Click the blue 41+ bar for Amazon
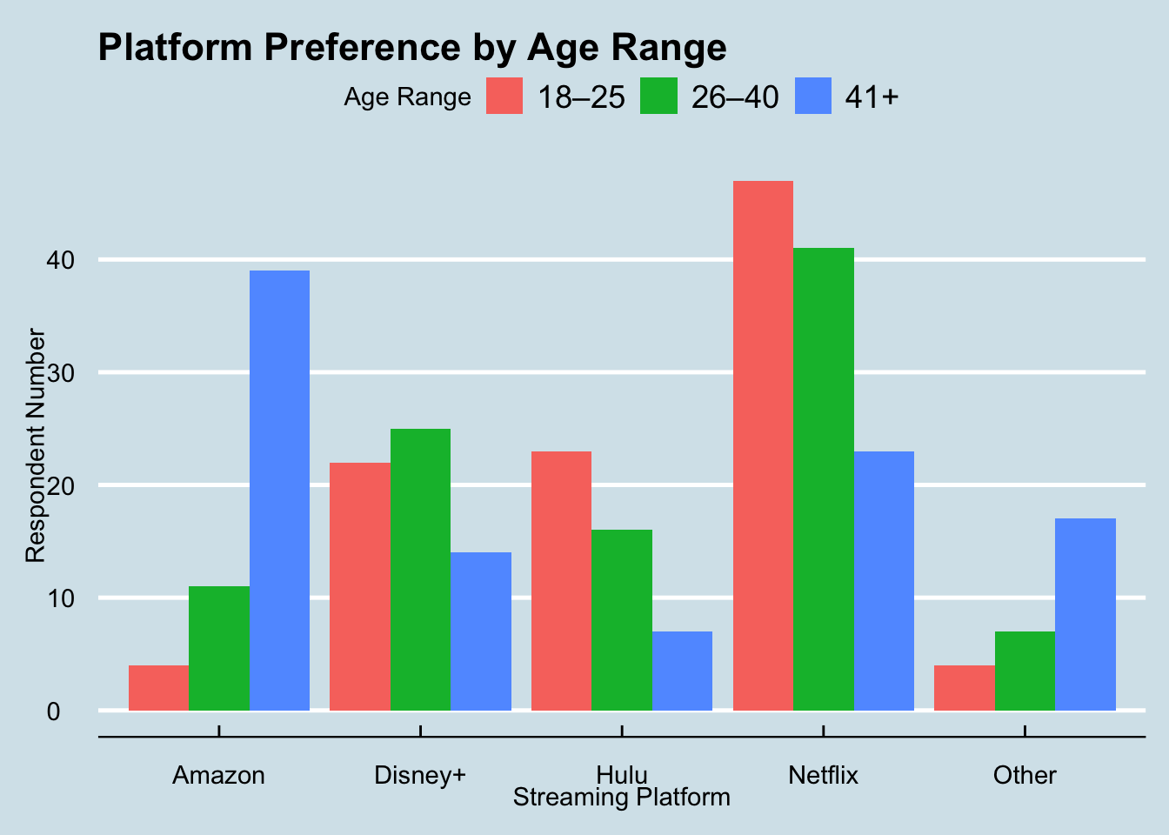pyautogui.click(x=279, y=491)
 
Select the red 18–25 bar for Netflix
pyautogui.click(x=763, y=445)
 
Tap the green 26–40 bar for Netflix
pyautogui.click(x=823, y=479)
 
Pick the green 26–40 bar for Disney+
pyautogui.click(x=420, y=570)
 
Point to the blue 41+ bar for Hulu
pyautogui.click(x=682, y=671)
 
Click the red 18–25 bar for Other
pyautogui.click(x=964, y=688)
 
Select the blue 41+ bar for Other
pyautogui.click(x=1085, y=614)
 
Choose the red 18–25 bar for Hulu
pyautogui.click(x=561, y=581)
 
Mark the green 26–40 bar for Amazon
pyautogui.click(x=219, y=648)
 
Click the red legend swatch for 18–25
pyautogui.click(x=504, y=97)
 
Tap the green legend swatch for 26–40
pyautogui.click(x=658, y=97)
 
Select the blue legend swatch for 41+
pyautogui.click(x=812, y=97)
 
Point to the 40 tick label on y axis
pyautogui.click(x=66, y=260)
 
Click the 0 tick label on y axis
pyautogui.click(x=54, y=711)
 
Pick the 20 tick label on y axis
pyautogui.click(x=66, y=485)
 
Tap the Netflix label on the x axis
pyautogui.click(x=823, y=775)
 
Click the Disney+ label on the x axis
pyautogui.click(x=420, y=775)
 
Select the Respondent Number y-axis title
pyautogui.click(x=35, y=445)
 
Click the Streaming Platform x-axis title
pyautogui.click(x=621, y=798)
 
